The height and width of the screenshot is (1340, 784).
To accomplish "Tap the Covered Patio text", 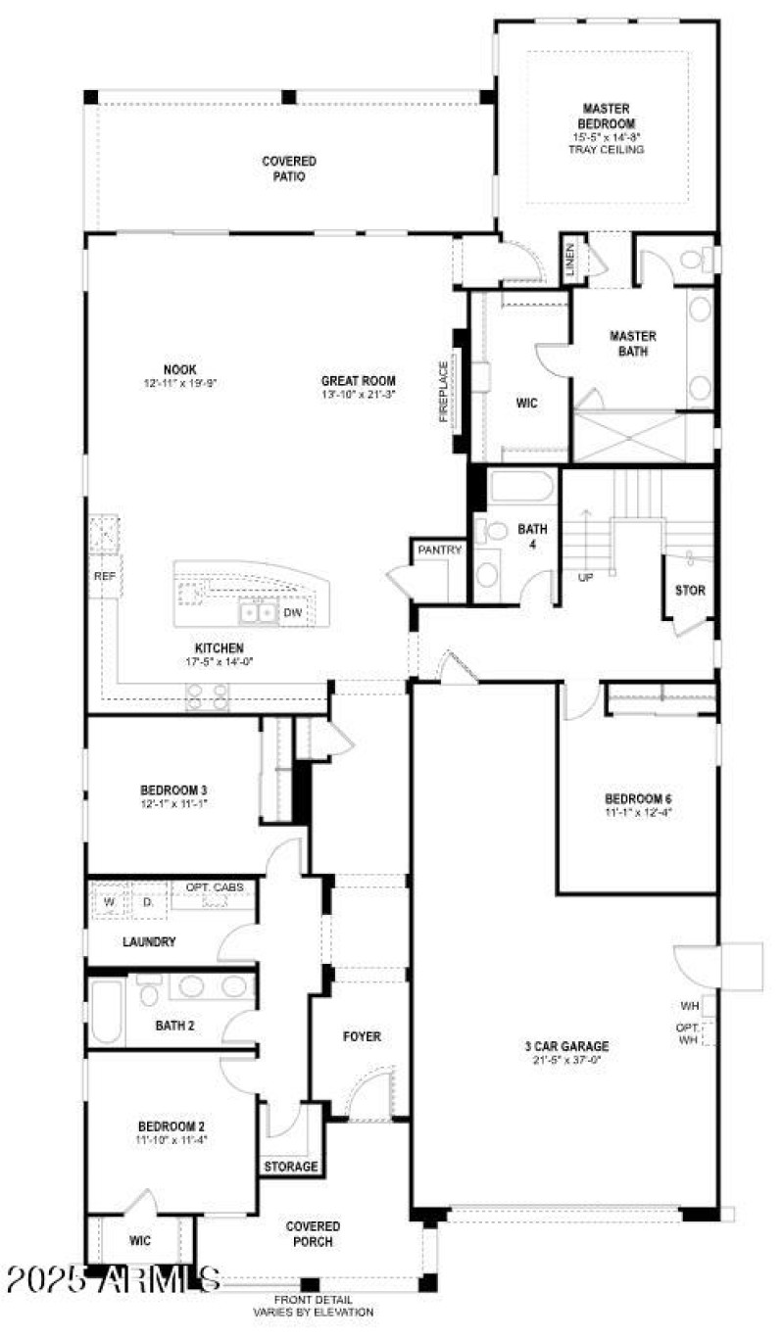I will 289,168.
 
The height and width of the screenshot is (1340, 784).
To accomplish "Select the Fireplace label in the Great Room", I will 444,392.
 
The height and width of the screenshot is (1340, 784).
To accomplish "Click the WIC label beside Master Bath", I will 526,403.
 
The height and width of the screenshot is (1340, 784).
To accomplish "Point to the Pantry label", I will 439,550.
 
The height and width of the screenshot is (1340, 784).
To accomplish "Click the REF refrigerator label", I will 104,577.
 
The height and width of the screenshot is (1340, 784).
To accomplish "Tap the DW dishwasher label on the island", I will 292,613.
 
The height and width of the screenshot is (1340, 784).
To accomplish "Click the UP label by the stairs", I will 586,577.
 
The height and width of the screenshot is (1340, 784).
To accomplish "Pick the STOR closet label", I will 690,591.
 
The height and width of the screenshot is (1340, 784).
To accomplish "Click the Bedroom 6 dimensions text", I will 638,811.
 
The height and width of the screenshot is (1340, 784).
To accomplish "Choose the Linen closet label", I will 570,260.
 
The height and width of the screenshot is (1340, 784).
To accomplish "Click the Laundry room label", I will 149,942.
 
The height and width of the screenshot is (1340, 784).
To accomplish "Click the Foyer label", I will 362,1036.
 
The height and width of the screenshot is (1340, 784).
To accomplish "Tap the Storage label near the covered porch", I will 291,1167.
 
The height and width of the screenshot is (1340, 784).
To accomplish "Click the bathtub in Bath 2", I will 106,1013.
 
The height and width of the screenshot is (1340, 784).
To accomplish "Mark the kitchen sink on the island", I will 258,613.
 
